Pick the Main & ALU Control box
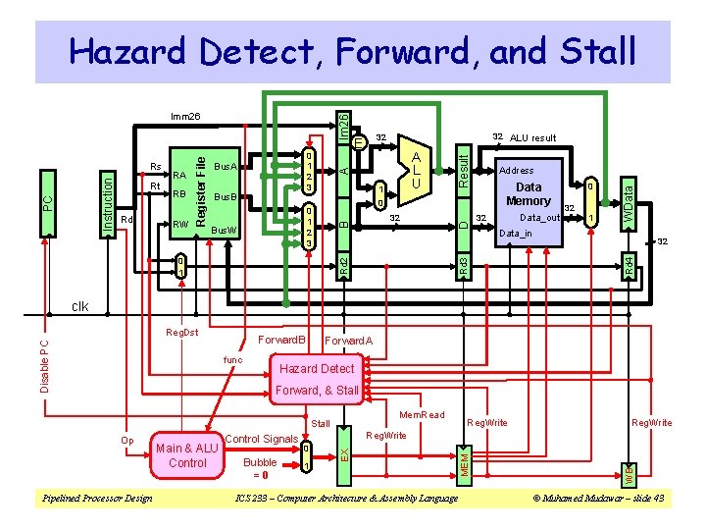pos(187,455)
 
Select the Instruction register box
pos(110,202)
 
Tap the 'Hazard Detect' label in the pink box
pos(317,368)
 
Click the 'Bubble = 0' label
pos(260,467)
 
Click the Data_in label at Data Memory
pos(517,234)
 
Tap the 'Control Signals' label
pos(262,438)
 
